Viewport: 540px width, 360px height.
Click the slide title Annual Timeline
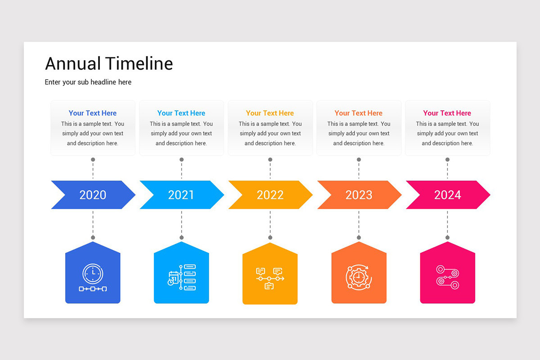click(x=109, y=63)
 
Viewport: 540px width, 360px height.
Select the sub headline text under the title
click(x=88, y=82)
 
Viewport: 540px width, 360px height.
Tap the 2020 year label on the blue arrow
click(x=93, y=195)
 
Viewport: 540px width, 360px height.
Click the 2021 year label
click(x=181, y=195)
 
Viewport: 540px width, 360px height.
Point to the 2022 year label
click(x=270, y=195)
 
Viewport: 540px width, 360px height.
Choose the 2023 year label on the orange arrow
click(x=359, y=195)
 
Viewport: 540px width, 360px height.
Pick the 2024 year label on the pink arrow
click(x=447, y=195)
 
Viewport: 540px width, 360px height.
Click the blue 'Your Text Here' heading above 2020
click(x=93, y=113)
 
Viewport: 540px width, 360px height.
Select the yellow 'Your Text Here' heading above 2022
click(x=270, y=113)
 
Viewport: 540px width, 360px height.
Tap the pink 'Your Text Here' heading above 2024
click(x=447, y=113)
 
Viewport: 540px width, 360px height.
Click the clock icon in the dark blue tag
click(x=93, y=277)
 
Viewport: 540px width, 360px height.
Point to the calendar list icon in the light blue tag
click(x=181, y=277)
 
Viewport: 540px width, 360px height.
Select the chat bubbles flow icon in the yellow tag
click(x=270, y=278)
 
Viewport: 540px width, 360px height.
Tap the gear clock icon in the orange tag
click(x=359, y=277)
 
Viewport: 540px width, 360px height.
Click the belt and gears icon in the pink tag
click(x=447, y=277)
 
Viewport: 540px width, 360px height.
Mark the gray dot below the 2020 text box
click(x=93, y=160)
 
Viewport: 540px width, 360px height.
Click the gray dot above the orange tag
click(x=359, y=238)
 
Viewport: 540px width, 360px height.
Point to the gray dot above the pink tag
click(x=447, y=238)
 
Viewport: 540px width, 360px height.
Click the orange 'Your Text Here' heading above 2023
click(x=359, y=113)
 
